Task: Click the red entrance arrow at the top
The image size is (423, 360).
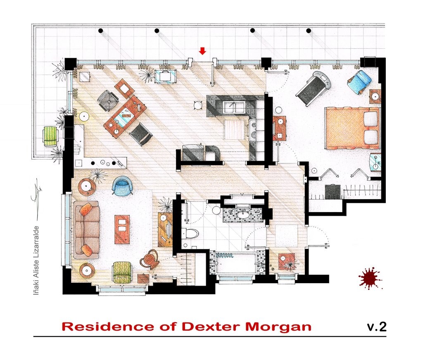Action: tap(202, 51)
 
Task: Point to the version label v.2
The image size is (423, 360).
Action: tap(376, 327)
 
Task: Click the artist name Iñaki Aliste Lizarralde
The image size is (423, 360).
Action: tap(36, 260)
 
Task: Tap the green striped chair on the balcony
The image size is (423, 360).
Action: tap(50, 136)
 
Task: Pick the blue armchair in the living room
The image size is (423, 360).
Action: tap(123, 185)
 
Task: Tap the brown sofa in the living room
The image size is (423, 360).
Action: tap(86, 229)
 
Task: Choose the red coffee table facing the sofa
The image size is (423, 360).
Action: tap(122, 229)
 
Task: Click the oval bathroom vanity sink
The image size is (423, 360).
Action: tap(242, 215)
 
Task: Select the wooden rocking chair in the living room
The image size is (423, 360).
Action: tap(149, 260)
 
